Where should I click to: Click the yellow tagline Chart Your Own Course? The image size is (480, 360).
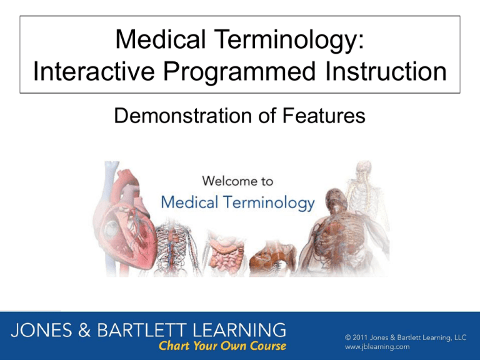point(222,346)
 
